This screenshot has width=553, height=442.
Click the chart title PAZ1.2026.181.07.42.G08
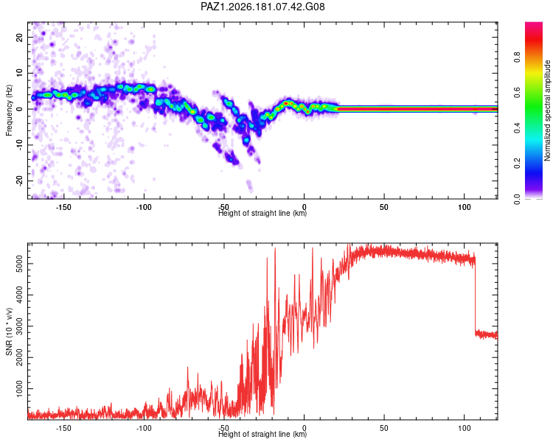click(262, 7)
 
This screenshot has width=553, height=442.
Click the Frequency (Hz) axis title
click(9, 110)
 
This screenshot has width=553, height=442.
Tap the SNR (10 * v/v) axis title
click(9, 331)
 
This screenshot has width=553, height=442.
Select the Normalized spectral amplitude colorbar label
click(547, 110)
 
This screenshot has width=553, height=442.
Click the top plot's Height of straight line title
click(262, 213)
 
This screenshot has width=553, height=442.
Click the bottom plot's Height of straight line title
click(262, 434)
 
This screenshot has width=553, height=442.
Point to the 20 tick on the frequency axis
click(19, 37)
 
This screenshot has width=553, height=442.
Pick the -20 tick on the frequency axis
click(19, 180)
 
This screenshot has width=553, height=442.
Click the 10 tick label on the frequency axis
click(19, 73)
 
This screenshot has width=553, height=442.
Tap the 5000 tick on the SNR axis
click(19, 264)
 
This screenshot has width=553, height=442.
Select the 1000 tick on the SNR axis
click(19, 389)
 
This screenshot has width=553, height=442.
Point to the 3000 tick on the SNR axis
click(19, 326)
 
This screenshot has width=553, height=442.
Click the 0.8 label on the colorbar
click(517, 57)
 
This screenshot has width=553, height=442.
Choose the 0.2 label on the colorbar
click(517, 164)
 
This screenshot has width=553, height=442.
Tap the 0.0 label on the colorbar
click(517, 199)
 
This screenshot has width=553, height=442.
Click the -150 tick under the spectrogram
click(63, 207)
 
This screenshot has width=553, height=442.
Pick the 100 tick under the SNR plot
click(465, 428)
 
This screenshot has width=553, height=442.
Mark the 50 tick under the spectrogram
click(384, 207)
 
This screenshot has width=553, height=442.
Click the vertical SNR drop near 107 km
click(475, 295)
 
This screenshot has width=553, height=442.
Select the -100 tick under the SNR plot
click(144, 428)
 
